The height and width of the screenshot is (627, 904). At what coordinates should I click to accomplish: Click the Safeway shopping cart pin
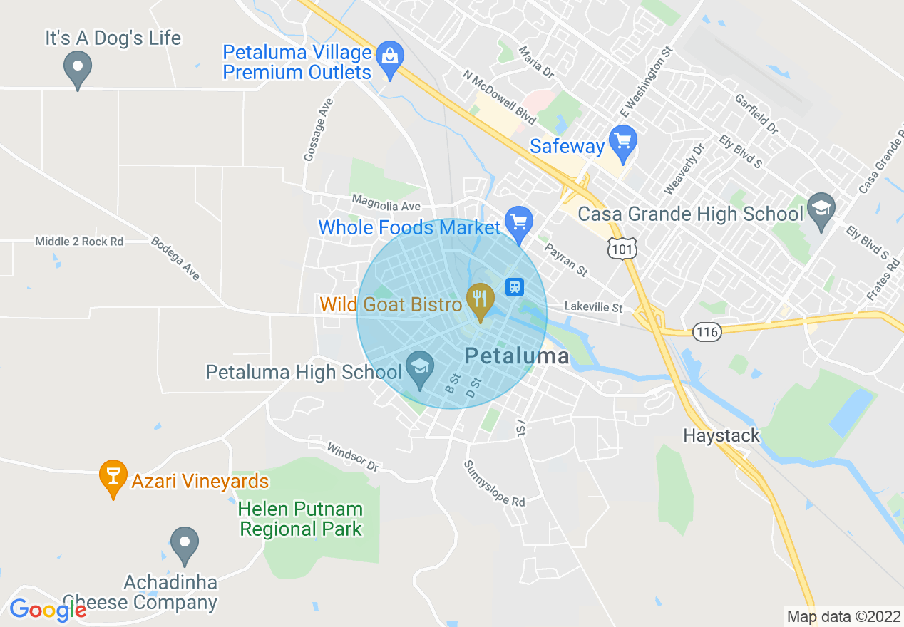[x=624, y=142]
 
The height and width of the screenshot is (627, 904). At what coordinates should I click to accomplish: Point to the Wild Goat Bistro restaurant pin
[x=481, y=300]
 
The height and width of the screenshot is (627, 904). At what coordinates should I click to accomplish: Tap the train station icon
[x=515, y=286]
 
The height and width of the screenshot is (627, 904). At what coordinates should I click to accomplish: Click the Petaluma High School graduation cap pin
[x=419, y=368]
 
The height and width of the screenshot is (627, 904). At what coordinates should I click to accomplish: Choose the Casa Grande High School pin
[x=821, y=210]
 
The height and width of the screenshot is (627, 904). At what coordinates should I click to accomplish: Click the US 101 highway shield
[x=621, y=248]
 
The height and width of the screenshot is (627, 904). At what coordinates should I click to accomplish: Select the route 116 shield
[x=707, y=331]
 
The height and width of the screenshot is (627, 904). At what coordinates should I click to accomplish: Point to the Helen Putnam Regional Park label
[x=300, y=519]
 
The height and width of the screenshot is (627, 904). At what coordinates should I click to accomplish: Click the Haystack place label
[x=721, y=435]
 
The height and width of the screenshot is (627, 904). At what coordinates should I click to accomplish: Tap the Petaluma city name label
[x=517, y=356]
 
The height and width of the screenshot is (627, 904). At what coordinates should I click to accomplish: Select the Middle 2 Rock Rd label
[x=79, y=242]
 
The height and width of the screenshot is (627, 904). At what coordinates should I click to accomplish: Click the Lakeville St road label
[x=593, y=307]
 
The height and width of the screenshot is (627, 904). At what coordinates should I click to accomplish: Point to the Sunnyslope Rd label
[x=494, y=484]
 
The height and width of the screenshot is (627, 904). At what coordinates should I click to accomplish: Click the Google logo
[x=47, y=610]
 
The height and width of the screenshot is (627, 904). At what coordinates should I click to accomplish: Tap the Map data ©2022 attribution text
[x=843, y=616]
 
